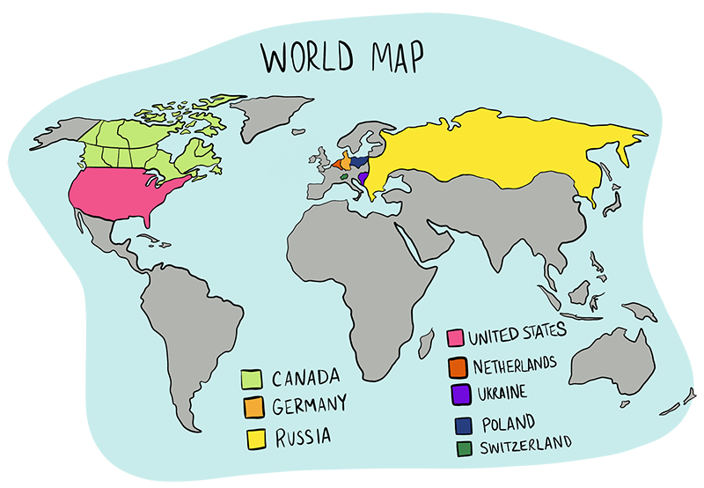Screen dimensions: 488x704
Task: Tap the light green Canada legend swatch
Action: [253, 380]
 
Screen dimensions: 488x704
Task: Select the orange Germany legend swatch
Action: [253, 407]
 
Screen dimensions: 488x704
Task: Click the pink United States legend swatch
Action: [455, 337]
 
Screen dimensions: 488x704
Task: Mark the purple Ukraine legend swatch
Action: [458, 393]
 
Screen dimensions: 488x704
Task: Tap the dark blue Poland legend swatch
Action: [461, 425]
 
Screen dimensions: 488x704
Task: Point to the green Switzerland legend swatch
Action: [462, 448]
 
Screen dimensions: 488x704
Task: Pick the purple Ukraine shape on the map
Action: [363, 179]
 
